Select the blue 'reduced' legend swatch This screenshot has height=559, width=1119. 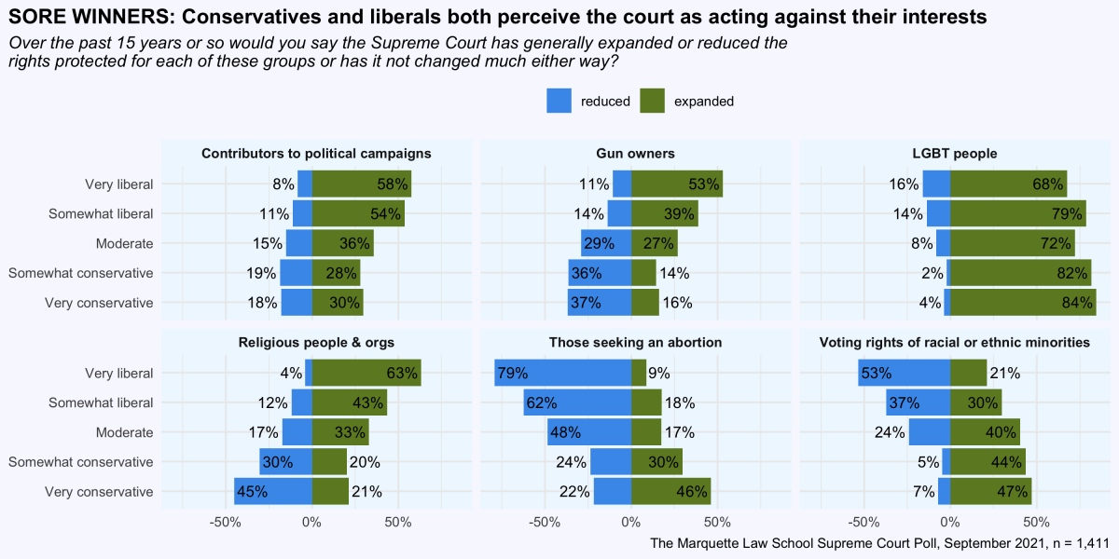tap(559, 102)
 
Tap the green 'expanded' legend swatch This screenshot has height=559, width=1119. tap(652, 102)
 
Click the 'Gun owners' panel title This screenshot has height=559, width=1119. tap(635, 153)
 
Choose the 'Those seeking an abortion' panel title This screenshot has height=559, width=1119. tap(635, 343)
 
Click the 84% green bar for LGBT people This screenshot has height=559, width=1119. tap(1023, 303)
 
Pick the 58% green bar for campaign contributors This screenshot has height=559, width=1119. tap(362, 184)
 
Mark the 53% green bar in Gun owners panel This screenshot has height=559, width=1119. tap(676, 184)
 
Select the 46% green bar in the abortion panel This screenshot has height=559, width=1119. tap(670, 492)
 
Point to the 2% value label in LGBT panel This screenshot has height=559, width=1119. tap(932, 273)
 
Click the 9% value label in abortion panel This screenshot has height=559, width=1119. tap(659, 374)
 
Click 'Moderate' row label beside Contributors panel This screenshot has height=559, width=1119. tap(124, 243)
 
